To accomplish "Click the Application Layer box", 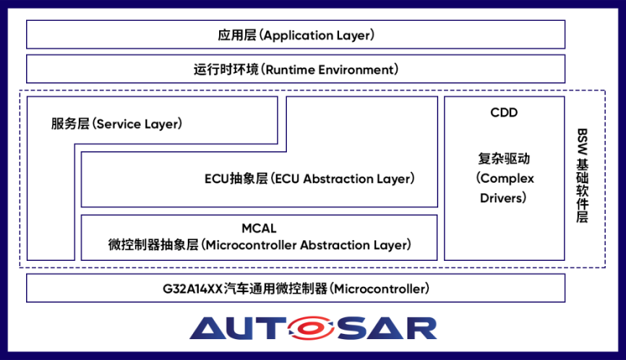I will pos(295,35).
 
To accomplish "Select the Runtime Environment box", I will pos(295,69).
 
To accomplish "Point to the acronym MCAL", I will pos(259,228).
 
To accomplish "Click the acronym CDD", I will pos(504,113).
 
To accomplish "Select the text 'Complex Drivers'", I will pos(504,188).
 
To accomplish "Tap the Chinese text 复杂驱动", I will pos(504,158).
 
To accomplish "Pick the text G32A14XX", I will pos(192,288).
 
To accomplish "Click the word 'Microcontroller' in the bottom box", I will pos(380,288).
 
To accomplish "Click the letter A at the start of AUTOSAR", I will pos(211,329).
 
